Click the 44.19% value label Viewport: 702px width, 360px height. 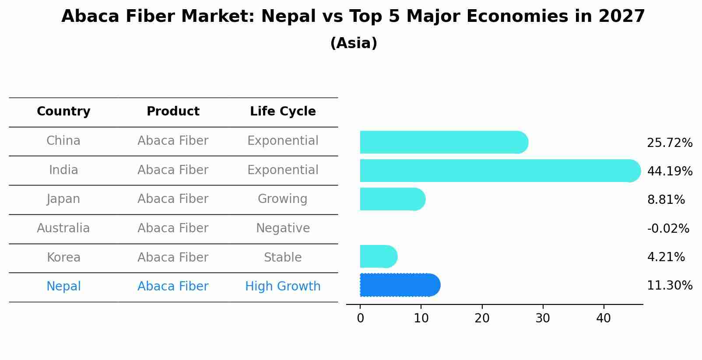pyautogui.click(x=669, y=171)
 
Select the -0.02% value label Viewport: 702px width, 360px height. pyautogui.click(x=668, y=229)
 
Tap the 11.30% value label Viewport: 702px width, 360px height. pyautogui.click(x=669, y=286)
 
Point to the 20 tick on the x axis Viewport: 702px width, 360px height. pyautogui.click(x=482, y=318)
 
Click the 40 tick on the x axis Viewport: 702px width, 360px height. pyautogui.click(x=604, y=318)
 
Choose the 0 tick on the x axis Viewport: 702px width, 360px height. pyautogui.click(x=360, y=318)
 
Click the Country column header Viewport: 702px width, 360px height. pyautogui.click(x=63, y=112)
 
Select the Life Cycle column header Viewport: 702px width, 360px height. pyautogui.click(x=283, y=112)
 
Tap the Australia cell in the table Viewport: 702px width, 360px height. pyautogui.click(x=63, y=228)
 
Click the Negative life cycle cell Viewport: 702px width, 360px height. pyautogui.click(x=283, y=228)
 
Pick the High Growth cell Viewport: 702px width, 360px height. pyautogui.click(x=283, y=287)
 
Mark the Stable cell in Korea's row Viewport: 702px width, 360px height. pyautogui.click(x=283, y=258)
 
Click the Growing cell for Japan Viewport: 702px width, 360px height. pyautogui.click(x=283, y=199)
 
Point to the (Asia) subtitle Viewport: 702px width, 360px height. pyautogui.click(x=354, y=43)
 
